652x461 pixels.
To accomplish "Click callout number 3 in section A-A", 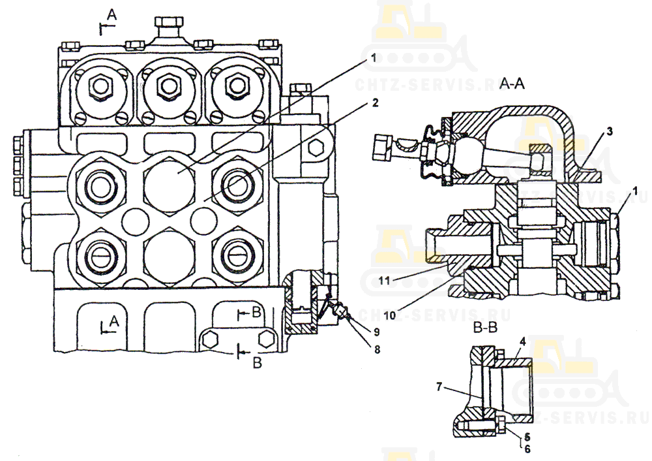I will [608, 131].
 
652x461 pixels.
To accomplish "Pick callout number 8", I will [376, 349].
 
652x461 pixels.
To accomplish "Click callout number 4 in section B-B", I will [522, 341].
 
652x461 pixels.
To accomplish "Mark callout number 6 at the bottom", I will [527, 449].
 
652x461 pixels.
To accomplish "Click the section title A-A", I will [513, 84].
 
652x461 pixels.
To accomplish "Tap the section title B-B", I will [486, 330].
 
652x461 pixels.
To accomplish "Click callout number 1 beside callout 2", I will [374, 57].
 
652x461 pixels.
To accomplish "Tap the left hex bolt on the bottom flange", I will [210, 338].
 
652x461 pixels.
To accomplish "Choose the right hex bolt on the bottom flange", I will [266, 338].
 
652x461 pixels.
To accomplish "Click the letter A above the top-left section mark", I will [111, 13].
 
